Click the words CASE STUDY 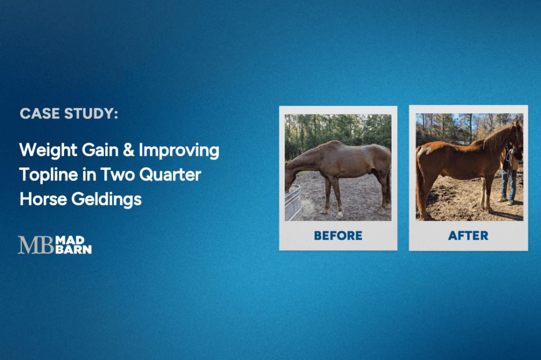(x=69, y=113)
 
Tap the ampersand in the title (x=127, y=150)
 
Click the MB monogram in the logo (x=35, y=245)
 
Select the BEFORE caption (x=338, y=235)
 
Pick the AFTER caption (x=468, y=235)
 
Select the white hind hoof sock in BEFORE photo (x=339, y=213)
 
